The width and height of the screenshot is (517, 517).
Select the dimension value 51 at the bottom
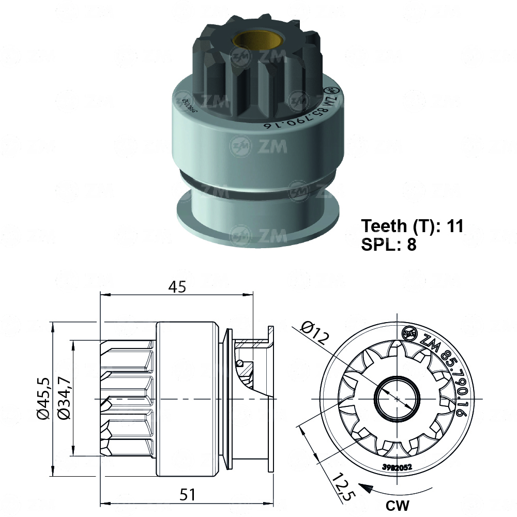click(187, 494)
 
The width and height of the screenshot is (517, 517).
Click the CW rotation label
click(397, 505)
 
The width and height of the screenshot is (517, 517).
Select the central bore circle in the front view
click(397, 399)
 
